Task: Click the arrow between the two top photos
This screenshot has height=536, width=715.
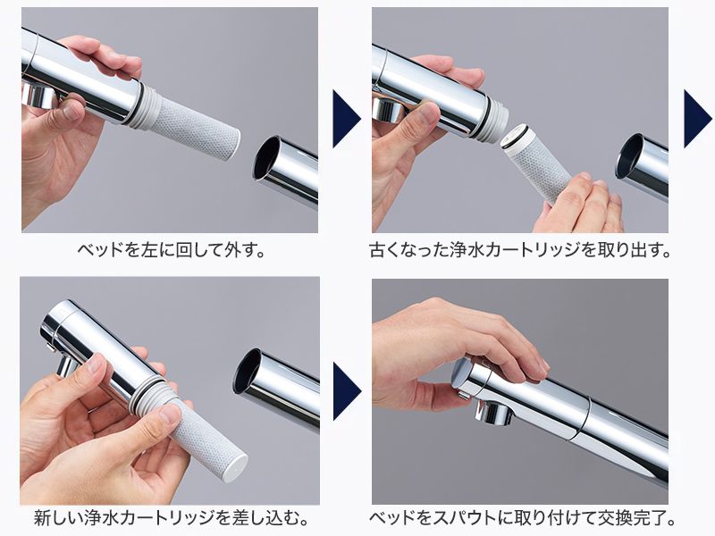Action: [x=345, y=118]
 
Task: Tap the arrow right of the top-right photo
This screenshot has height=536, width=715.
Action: [x=696, y=118]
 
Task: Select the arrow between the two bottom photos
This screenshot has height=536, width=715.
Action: [x=345, y=390]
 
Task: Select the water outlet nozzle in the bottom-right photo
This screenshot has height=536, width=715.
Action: [x=491, y=412]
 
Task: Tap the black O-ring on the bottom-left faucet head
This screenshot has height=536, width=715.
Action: [x=139, y=393]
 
